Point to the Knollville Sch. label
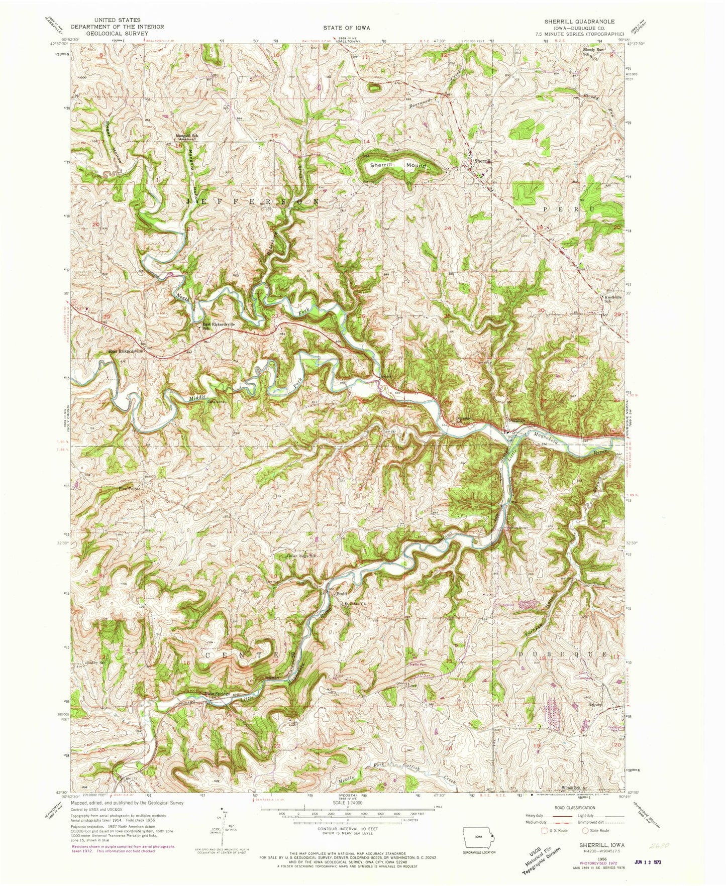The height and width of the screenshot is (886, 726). pyautogui.click(x=612, y=298)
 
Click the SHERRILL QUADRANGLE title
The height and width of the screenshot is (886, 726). pyautogui.click(x=579, y=22)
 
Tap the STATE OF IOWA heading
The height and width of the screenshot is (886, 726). pyautogui.click(x=346, y=28)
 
